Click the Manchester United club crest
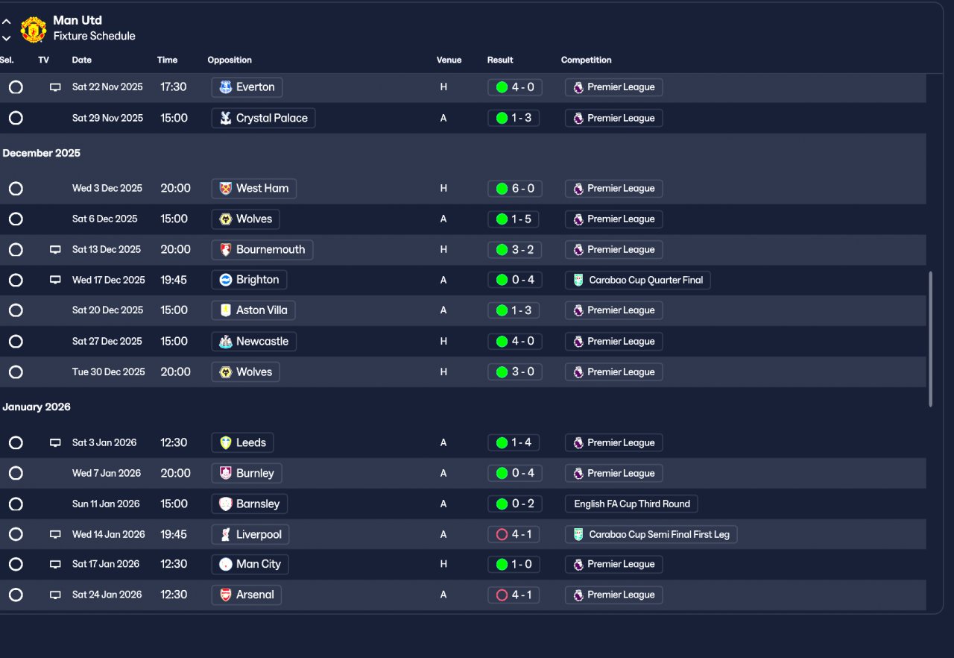(x=34, y=29)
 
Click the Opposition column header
(x=230, y=60)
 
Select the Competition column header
(x=586, y=60)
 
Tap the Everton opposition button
(x=247, y=87)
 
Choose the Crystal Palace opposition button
(x=263, y=118)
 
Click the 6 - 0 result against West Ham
(x=515, y=189)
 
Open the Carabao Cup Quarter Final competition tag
(x=638, y=281)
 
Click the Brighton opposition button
(x=249, y=280)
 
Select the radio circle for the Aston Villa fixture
(x=16, y=310)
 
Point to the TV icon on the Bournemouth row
(x=55, y=250)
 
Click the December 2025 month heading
(x=42, y=153)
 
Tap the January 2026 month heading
(x=37, y=407)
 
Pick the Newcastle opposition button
(x=254, y=342)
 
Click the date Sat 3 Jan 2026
(x=104, y=442)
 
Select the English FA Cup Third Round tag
(x=632, y=504)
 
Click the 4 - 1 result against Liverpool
(x=515, y=534)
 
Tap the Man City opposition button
(x=250, y=564)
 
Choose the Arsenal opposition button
(x=247, y=595)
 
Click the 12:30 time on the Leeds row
(x=174, y=442)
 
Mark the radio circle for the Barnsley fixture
(x=16, y=504)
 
